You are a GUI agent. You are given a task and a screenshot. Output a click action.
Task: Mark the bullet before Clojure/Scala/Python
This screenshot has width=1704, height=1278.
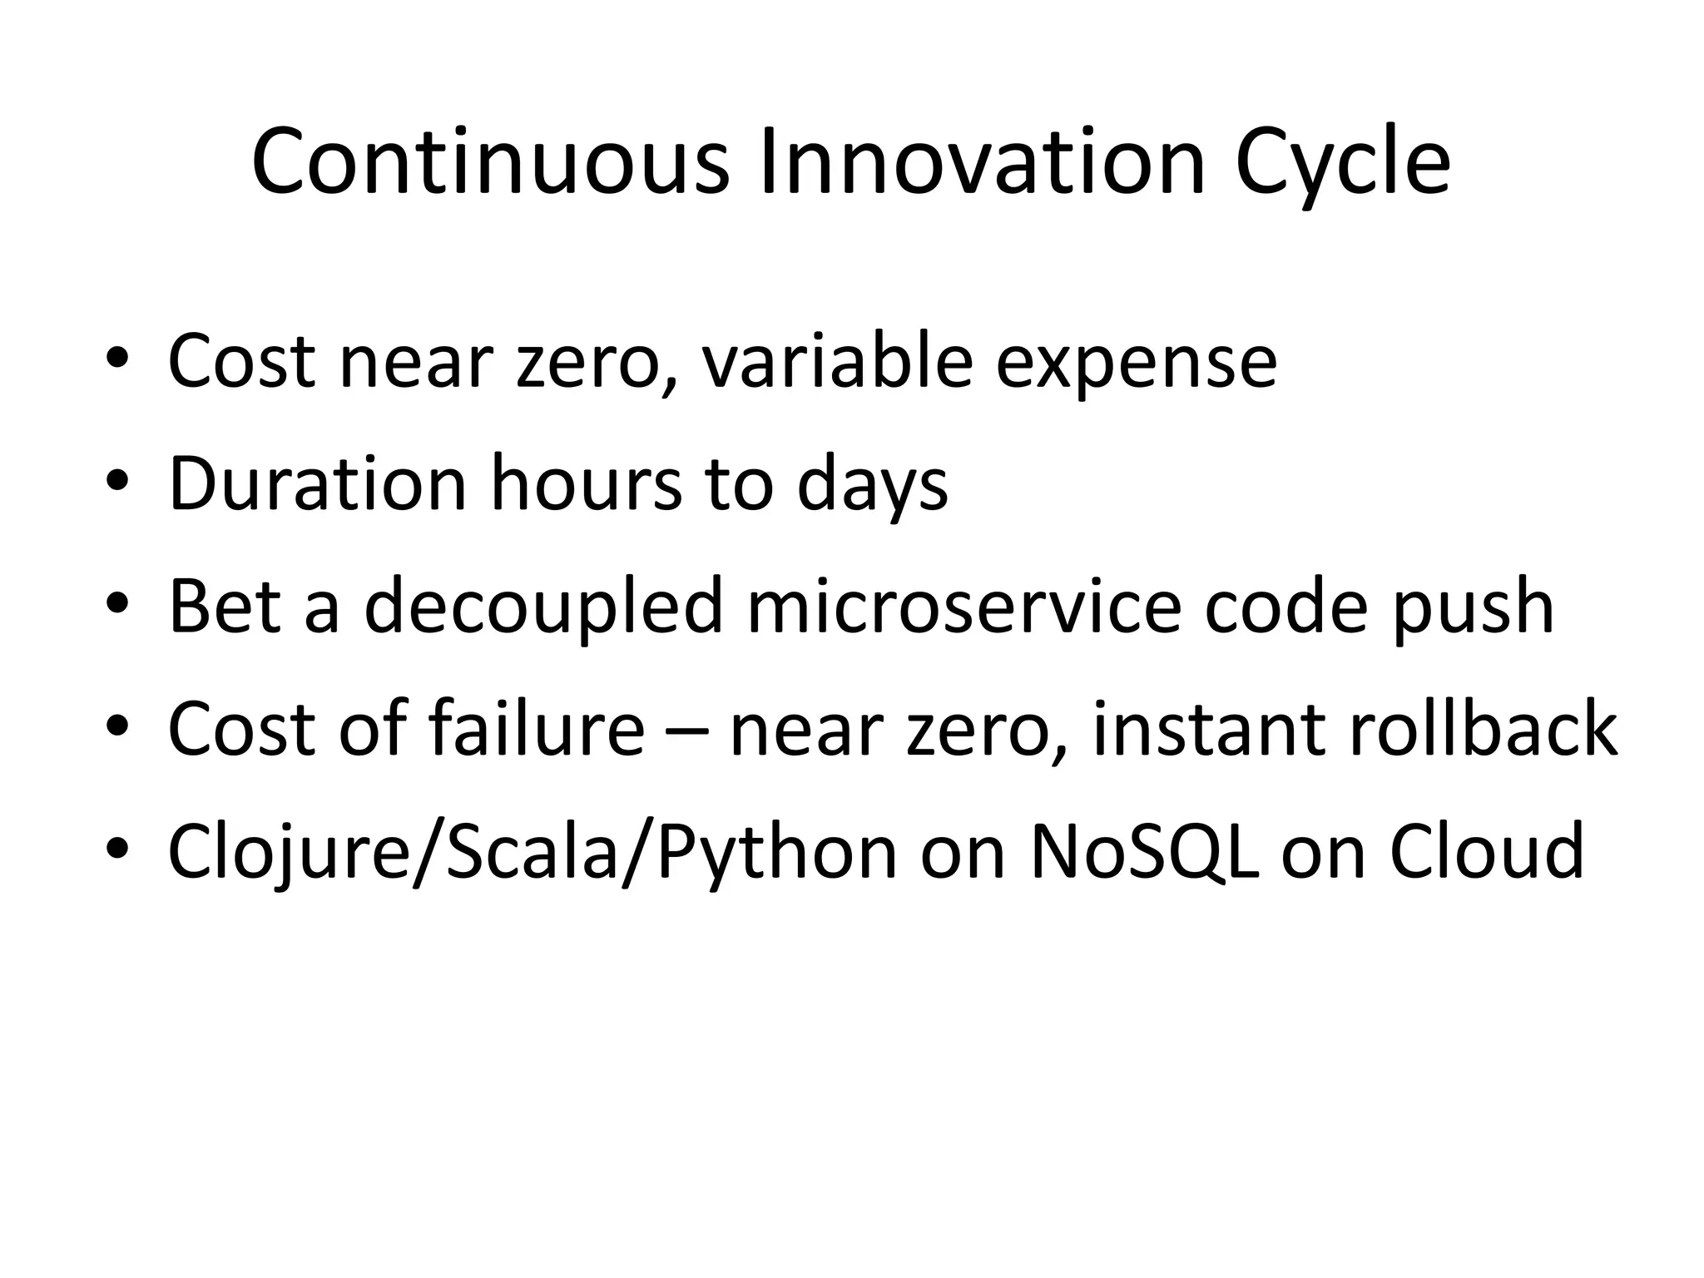[117, 850]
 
